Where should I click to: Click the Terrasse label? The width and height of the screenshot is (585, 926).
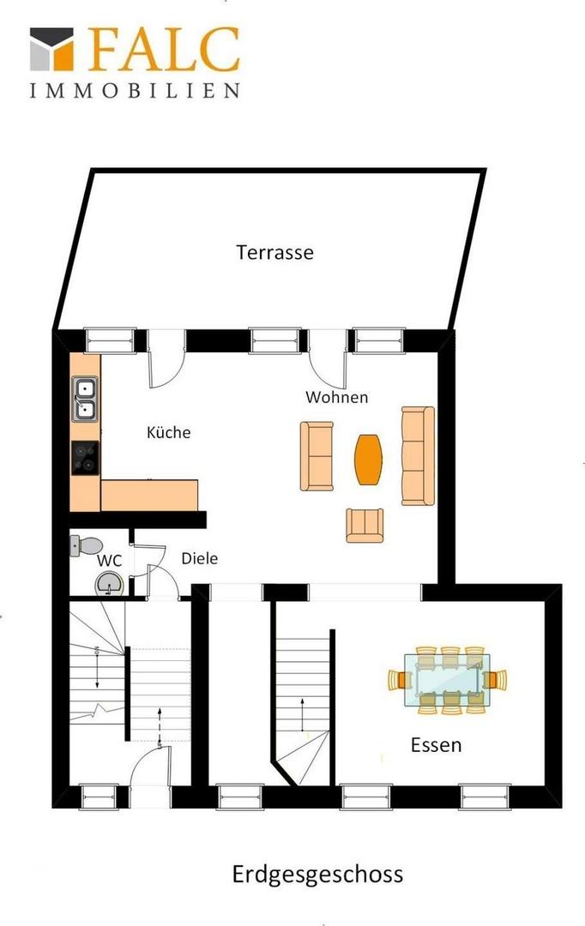pyautogui.click(x=274, y=252)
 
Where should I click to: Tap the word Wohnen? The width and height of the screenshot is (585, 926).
pyautogui.click(x=337, y=397)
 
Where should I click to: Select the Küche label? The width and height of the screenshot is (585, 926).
pyautogui.click(x=168, y=431)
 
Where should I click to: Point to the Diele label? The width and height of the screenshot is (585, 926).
pyautogui.click(x=199, y=558)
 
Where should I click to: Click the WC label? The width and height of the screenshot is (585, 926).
pyautogui.click(x=109, y=560)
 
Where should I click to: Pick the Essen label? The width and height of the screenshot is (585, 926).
pyautogui.click(x=436, y=745)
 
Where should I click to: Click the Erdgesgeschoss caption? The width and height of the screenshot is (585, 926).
pyautogui.click(x=317, y=875)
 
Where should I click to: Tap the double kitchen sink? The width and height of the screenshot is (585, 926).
pyautogui.click(x=85, y=399)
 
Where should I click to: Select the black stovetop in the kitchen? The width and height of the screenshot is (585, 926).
pyautogui.click(x=85, y=458)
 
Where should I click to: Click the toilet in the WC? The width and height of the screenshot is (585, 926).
pyautogui.click(x=85, y=545)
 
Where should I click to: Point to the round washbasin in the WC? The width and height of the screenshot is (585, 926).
pyautogui.click(x=109, y=584)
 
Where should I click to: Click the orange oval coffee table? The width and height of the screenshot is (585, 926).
pyautogui.click(x=368, y=460)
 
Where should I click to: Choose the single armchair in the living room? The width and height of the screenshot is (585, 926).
pyautogui.click(x=365, y=525)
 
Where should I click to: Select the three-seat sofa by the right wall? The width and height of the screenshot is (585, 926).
pyautogui.click(x=418, y=455)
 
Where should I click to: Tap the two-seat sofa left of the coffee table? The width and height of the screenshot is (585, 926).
pyautogui.click(x=317, y=456)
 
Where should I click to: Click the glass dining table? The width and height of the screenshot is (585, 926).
pyautogui.click(x=447, y=680)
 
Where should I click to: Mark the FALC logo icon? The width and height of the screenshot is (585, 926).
pyautogui.click(x=51, y=48)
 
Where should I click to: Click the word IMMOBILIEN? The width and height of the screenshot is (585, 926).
pyautogui.click(x=136, y=90)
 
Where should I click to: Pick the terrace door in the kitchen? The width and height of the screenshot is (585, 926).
pyautogui.click(x=166, y=358)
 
